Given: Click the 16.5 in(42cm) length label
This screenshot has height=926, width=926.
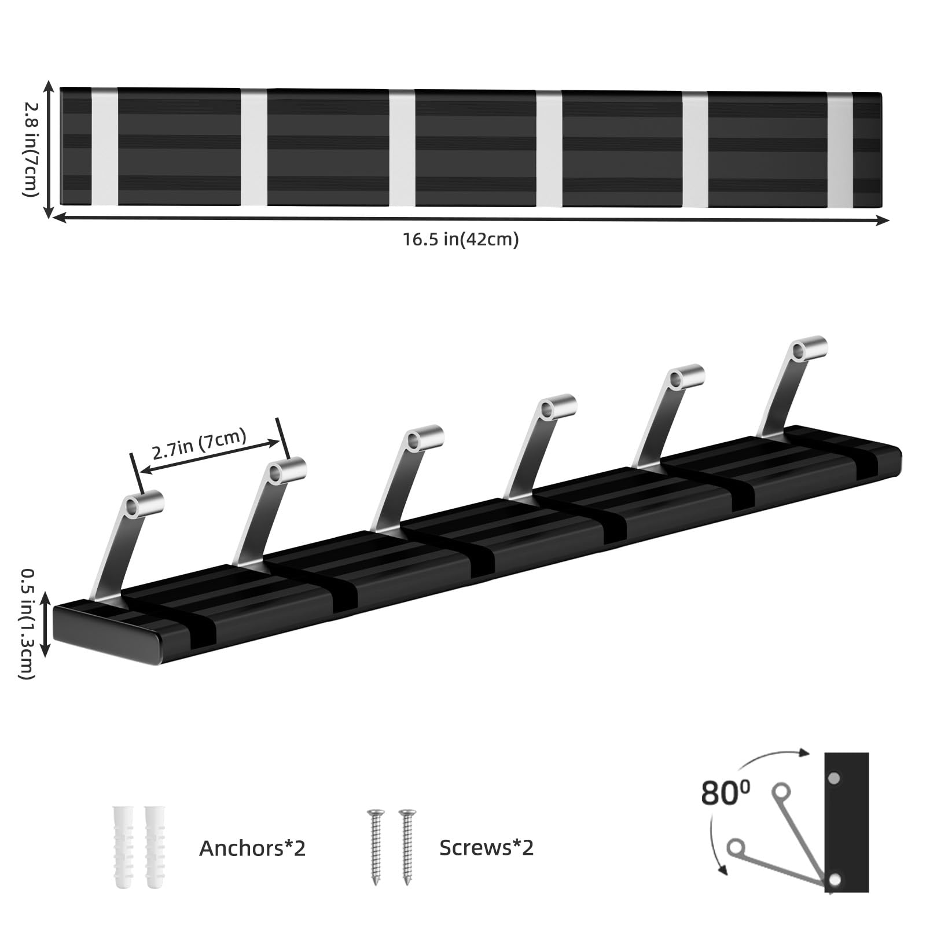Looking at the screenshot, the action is [x=461, y=239].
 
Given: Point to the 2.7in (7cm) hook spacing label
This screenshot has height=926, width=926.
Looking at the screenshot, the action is [x=200, y=444].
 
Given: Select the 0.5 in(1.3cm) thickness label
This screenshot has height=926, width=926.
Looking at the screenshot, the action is [x=27, y=624].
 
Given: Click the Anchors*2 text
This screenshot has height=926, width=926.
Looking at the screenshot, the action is [x=252, y=848].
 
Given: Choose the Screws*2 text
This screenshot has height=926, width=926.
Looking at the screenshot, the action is [x=486, y=848].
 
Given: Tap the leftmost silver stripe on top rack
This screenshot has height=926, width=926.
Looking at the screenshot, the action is [x=105, y=146].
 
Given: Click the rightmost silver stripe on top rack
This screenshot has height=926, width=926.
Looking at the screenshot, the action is [x=840, y=149].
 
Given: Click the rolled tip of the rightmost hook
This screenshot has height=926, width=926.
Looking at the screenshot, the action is [x=809, y=347].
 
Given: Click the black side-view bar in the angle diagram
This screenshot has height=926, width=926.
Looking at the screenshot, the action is [x=847, y=822].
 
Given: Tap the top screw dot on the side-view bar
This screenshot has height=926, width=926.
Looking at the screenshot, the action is [x=834, y=779].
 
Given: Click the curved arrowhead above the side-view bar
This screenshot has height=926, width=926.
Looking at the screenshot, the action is [x=803, y=753].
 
